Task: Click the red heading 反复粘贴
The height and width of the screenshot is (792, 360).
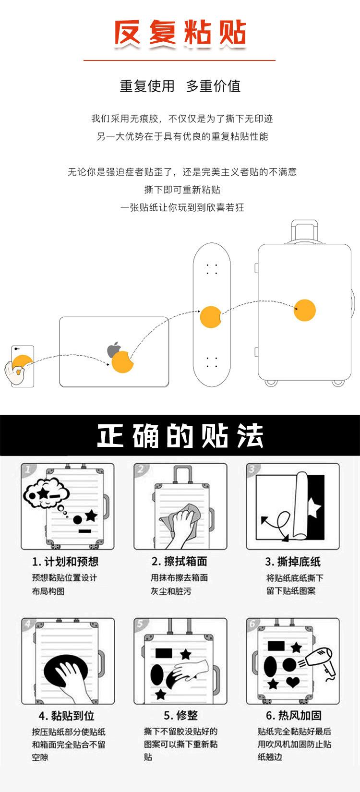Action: (x=180, y=33)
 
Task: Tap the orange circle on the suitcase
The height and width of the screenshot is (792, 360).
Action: (x=305, y=310)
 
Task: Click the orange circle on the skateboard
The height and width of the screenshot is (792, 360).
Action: (x=210, y=317)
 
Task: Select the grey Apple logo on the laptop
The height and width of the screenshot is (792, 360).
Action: (x=114, y=349)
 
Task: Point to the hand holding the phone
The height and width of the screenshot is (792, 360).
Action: (x=14, y=372)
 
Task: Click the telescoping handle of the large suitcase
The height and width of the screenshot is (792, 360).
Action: (x=304, y=231)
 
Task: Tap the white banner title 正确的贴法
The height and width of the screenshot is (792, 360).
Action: (x=180, y=435)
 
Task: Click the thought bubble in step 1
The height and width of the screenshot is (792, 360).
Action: (x=46, y=493)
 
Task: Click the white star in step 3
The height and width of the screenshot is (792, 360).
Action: (x=314, y=508)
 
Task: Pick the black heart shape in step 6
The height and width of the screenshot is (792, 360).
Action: (x=293, y=682)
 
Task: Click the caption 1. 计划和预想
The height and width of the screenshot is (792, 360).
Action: (x=65, y=562)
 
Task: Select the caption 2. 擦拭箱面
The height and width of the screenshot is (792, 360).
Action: (x=180, y=561)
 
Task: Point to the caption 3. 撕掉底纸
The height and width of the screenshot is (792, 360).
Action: (x=293, y=562)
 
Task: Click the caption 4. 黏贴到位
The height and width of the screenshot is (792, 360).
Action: (x=67, y=716)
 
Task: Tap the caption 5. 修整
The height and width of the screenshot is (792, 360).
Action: (x=180, y=715)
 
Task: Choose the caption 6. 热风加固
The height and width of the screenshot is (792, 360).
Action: (x=293, y=715)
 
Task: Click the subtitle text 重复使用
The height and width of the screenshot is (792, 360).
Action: (x=147, y=86)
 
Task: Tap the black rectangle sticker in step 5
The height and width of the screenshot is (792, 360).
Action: (x=164, y=653)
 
